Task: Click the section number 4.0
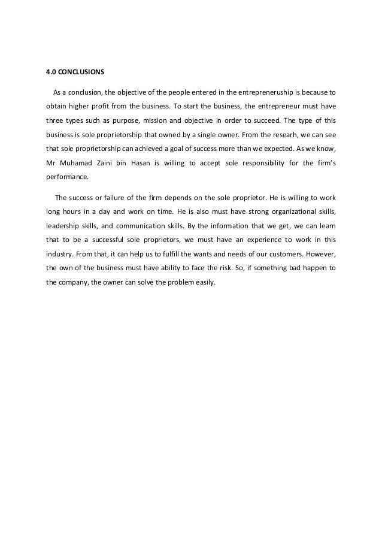[x=51, y=72]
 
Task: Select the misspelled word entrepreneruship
[x=265, y=93]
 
